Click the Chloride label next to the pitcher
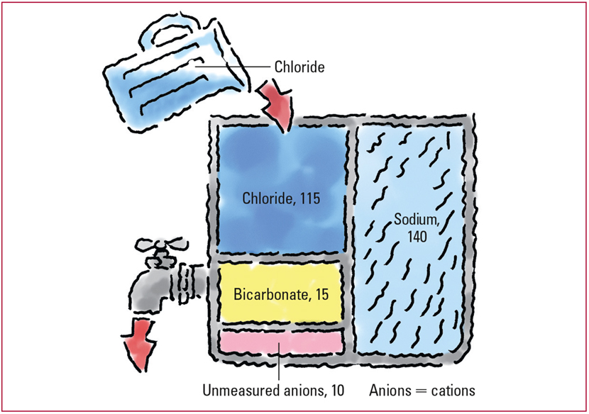tap(299, 67)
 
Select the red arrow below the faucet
tap(138, 344)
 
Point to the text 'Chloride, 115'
tap(281, 198)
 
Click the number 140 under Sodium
tap(417, 237)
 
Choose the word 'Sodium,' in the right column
tap(417, 219)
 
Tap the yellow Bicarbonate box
tap(281, 293)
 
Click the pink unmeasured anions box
tap(281, 342)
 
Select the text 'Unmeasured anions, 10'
tap(273, 391)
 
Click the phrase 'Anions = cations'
tap(422, 391)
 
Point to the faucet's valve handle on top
tap(161, 246)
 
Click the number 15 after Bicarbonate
tap(322, 294)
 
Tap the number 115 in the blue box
tap(310, 198)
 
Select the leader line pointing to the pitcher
tap(233, 67)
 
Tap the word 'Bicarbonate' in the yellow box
tap(271, 294)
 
